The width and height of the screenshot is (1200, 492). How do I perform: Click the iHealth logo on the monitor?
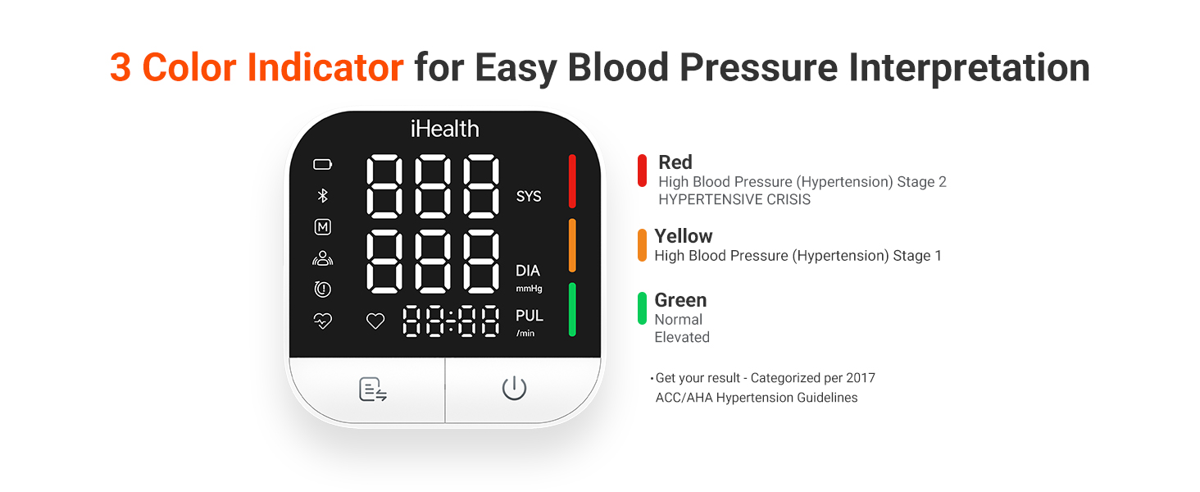click(x=444, y=129)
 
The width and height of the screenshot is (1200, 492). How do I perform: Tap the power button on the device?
click(x=514, y=389)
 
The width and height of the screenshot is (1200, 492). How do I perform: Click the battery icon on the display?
click(x=323, y=165)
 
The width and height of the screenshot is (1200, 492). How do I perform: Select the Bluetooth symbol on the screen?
click(x=323, y=195)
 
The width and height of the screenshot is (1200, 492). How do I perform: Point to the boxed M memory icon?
click(x=323, y=227)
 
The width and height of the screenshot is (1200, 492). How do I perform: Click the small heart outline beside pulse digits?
click(x=375, y=321)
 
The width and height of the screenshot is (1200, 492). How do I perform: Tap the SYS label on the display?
click(x=529, y=197)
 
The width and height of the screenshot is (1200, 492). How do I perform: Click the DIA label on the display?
click(x=528, y=271)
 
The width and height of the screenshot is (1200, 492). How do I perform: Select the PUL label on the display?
click(x=530, y=316)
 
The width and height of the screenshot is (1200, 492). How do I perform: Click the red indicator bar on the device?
click(x=572, y=180)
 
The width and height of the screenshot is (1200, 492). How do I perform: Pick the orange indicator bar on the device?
click(x=572, y=245)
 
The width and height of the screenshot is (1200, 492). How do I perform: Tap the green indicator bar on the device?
click(x=572, y=309)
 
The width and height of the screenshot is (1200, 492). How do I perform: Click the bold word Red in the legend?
click(x=675, y=162)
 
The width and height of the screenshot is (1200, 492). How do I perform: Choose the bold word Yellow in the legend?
click(x=684, y=236)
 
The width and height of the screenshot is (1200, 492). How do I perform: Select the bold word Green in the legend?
click(x=680, y=300)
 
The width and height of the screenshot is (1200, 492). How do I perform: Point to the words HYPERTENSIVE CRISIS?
click(x=734, y=199)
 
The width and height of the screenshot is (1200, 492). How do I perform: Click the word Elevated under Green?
click(x=682, y=337)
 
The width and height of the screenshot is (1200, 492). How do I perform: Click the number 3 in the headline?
click(x=120, y=68)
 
